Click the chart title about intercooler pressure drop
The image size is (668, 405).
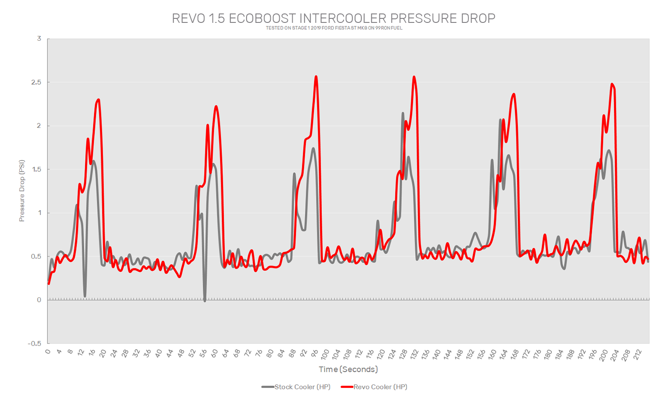334,18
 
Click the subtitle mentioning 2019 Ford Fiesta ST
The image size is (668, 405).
334,28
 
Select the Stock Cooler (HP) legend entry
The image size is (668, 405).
296,387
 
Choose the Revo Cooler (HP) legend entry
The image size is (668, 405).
374,387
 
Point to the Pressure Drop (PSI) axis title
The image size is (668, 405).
22,191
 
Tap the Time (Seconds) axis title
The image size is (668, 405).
348,369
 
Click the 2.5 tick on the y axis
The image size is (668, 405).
36,83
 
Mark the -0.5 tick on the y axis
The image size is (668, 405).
35,344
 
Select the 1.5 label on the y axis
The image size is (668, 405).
36,170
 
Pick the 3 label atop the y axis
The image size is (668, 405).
39,39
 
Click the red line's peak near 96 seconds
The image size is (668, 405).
316,76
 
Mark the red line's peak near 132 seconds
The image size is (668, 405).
414,77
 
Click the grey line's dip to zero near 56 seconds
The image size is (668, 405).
205,300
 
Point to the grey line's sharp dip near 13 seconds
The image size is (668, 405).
85,296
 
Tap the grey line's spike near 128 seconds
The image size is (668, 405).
403,113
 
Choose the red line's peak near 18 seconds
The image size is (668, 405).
98,100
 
